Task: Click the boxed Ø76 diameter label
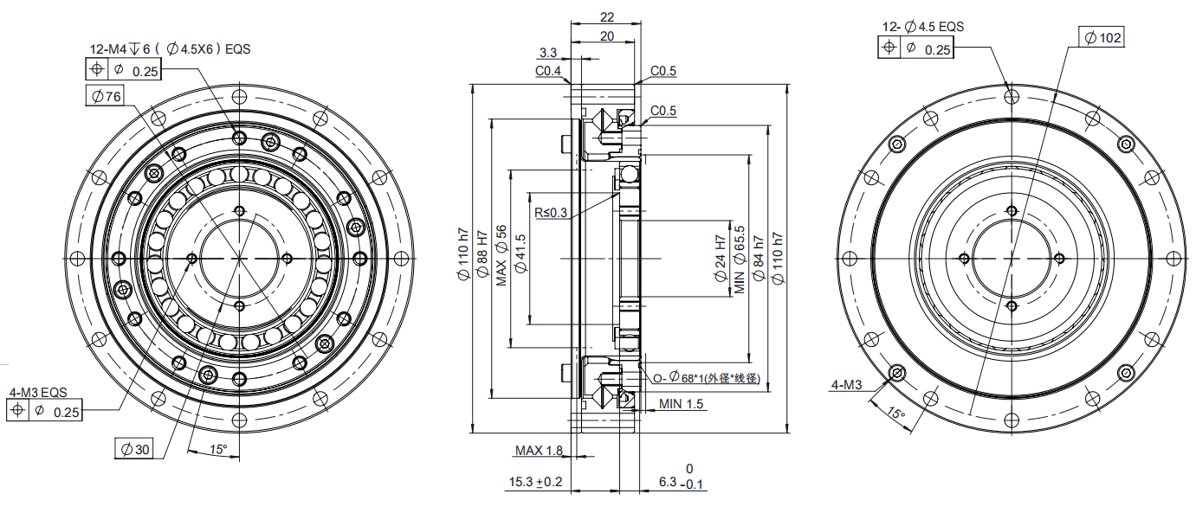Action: click(x=105, y=96)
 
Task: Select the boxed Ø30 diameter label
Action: click(x=134, y=449)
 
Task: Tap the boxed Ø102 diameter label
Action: click(x=1102, y=37)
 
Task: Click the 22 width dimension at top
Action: click(x=607, y=17)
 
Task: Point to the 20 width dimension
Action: click(x=607, y=36)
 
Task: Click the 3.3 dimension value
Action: click(x=548, y=52)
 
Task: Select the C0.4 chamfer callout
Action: click(x=548, y=71)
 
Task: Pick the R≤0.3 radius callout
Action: click(x=551, y=213)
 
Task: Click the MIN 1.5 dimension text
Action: click(x=681, y=404)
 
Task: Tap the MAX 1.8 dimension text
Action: click(x=539, y=451)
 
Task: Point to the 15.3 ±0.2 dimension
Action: click(x=535, y=482)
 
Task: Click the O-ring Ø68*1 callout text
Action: click(x=706, y=377)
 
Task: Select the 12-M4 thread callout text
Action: click(x=170, y=49)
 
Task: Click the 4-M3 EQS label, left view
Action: click(x=38, y=393)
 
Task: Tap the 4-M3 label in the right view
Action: click(x=846, y=384)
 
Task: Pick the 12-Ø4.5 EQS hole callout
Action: click(x=922, y=27)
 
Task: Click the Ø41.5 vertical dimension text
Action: click(x=521, y=253)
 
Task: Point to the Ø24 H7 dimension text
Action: click(x=721, y=259)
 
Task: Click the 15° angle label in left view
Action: click(x=217, y=450)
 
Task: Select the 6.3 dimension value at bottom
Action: click(x=668, y=482)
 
